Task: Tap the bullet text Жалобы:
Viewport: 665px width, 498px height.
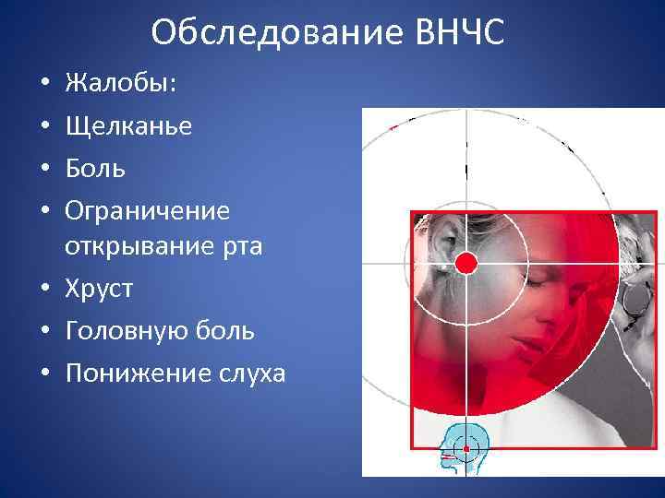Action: tap(122, 84)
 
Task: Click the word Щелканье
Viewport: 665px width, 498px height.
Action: tap(128, 126)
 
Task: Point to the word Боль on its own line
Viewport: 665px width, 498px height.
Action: tap(95, 169)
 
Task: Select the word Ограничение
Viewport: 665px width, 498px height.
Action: tap(147, 211)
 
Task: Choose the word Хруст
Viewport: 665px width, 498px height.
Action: tap(99, 289)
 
